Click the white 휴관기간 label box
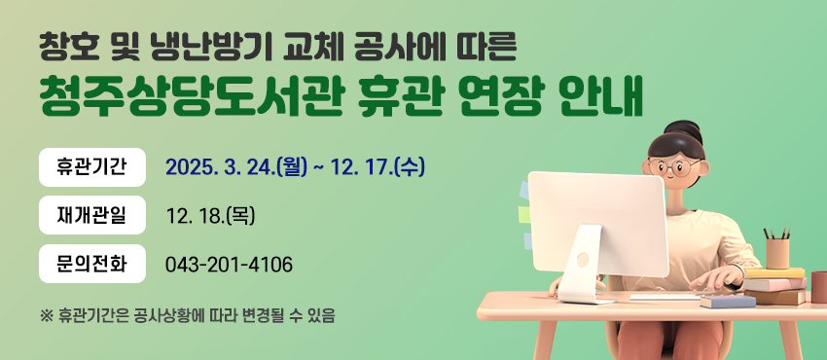[92, 167]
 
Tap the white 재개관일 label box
[92, 215]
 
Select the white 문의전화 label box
[92, 264]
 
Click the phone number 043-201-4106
[229, 265]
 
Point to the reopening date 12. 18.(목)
[210, 216]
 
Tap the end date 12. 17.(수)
[378, 167]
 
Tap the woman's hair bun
[683, 131]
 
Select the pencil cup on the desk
[777, 253]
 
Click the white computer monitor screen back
[598, 224]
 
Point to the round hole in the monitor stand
[583, 260]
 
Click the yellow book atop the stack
[774, 272]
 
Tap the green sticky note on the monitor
[523, 214]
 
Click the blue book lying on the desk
[728, 302]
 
